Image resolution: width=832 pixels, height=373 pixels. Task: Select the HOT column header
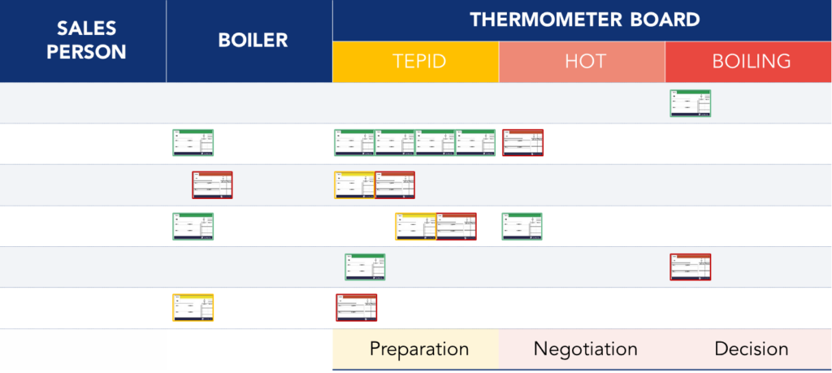pyautogui.click(x=582, y=62)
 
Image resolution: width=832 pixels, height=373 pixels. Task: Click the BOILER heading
pyautogui.click(x=253, y=40)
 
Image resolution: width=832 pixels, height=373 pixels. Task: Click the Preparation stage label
pyautogui.click(x=419, y=349)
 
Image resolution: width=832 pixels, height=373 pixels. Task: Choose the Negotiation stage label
pyautogui.click(x=585, y=349)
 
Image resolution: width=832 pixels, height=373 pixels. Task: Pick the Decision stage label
pyautogui.click(x=752, y=349)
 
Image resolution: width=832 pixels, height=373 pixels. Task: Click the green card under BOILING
pyautogui.click(x=691, y=103)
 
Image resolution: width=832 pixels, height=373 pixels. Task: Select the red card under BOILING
pyautogui.click(x=691, y=267)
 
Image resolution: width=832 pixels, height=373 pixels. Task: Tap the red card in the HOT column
pyautogui.click(x=523, y=143)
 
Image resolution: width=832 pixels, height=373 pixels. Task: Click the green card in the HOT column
pyautogui.click(x=522, y=226)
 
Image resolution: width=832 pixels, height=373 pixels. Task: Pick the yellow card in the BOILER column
pyautogui.click(x=193, y=308)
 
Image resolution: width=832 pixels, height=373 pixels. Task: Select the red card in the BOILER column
pyautogui.click(x=213, y=184)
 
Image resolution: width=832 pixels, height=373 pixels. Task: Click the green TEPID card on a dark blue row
pyautogui.click(x=366, y=267)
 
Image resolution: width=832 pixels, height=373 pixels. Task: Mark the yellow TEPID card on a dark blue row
pyautogui.click(x=354, y=184)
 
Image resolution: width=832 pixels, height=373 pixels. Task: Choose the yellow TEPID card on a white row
pyautogui.click(x=415, y=226)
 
